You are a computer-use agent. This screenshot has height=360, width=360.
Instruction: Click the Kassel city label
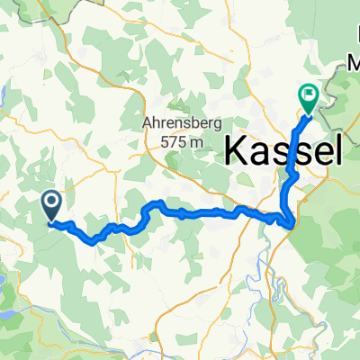(283, 148)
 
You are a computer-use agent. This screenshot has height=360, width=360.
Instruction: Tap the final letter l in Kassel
(337, 148)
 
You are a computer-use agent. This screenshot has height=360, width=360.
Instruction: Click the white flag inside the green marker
(308, 93)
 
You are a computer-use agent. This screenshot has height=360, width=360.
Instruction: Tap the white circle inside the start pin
(51, 202)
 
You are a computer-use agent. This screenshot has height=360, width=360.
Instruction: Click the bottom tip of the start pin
(51, 220)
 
